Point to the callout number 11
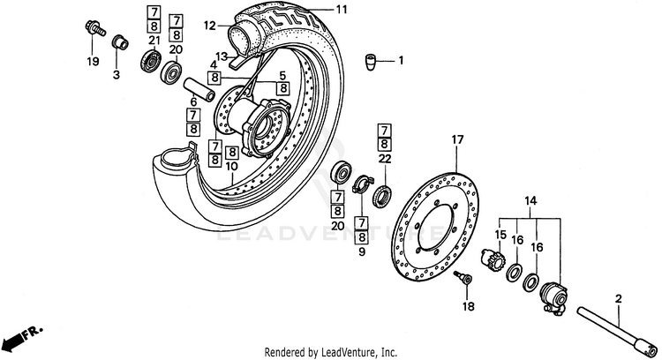[x=341, y=10]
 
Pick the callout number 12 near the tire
[x=209, y=26]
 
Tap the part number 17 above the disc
[x=456, y=140]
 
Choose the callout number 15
[x=500, y=235]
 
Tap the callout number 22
[x=384, y=159]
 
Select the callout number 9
[x=362, y=252]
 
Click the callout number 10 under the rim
[x=230, y=166]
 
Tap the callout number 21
[x=153, y=41]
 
